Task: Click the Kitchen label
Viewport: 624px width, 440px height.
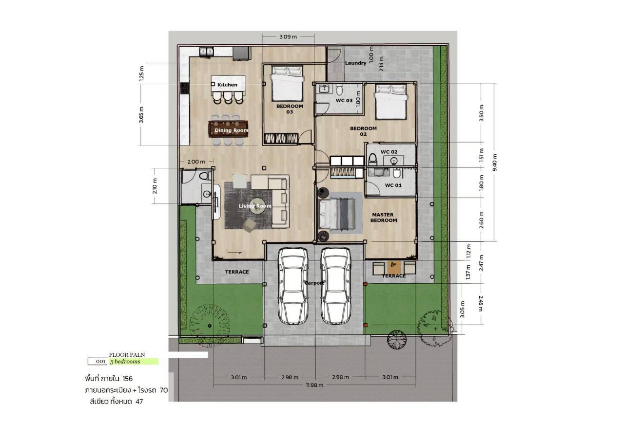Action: tap(227, 85)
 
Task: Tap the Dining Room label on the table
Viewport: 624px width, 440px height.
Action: tap(231, 130)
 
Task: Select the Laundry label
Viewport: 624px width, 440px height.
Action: tap(356, 63)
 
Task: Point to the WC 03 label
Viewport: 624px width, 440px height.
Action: tap(344, 100)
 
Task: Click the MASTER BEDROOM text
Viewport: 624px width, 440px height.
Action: tap(383, 217)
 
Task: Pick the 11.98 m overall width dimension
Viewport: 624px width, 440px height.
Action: tap(314, 385)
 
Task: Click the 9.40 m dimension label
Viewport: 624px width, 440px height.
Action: tap(495, 163)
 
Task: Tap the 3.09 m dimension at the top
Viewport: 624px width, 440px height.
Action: tap(288, 37)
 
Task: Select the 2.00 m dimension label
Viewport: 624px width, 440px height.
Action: tap(196, 161)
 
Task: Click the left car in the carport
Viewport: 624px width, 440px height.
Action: tap(293, 286)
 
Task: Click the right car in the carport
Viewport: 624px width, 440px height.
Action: tap(336, 286)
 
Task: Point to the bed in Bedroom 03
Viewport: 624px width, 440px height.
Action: tap(287, 83)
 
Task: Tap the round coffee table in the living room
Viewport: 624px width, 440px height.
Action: tap(257, 206)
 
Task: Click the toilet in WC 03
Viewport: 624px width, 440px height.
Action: tap(339, 90)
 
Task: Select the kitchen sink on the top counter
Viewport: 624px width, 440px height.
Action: tap(206, 52)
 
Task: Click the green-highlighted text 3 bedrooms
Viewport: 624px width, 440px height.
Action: tap(125, 362)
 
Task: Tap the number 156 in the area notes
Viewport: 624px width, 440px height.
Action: tap(128, 379)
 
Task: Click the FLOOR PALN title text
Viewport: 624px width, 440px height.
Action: tap(127, 355)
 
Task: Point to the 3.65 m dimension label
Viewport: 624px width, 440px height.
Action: tap(141, 114)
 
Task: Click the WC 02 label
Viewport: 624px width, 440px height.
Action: tap(389, 152)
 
